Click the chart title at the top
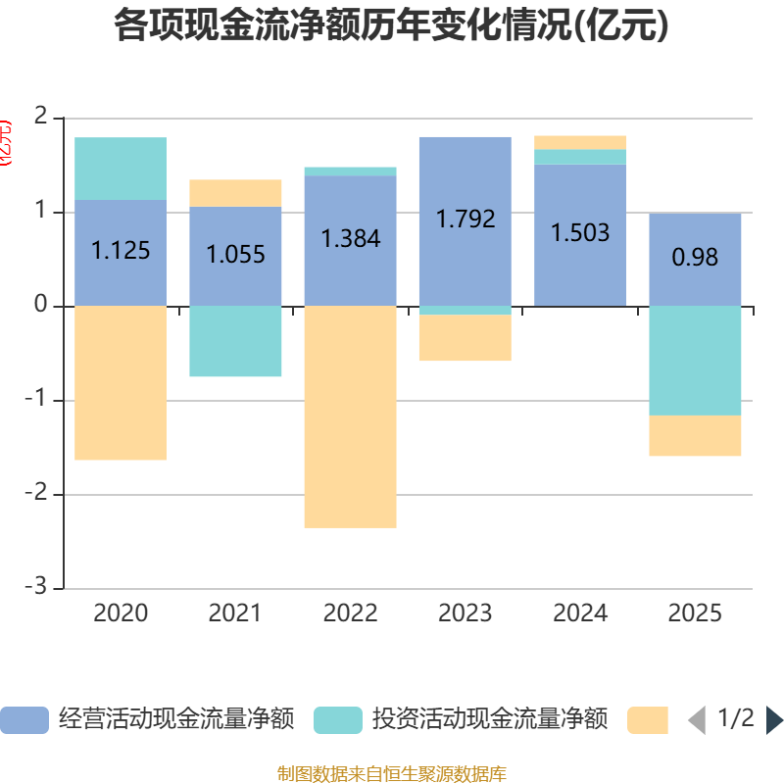[x=391, y=26]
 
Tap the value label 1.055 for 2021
[x=235, y=255]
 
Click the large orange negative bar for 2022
[x=350, y=416]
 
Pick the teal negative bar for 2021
[x=235, y=341]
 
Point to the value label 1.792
[x=465, y=219]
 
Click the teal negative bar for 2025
[x=695, y=360]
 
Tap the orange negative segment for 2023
[x=465, y=338]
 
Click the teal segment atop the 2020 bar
[x=121, y=169]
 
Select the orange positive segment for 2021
[x=235, y=193]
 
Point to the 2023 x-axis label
[x=465, y=613]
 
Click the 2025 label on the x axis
[x=695, y=613]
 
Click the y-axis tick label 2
[x=41, y=117]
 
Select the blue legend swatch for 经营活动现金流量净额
[x=24, y=720]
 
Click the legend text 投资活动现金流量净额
[x=490, y=719]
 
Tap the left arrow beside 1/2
[x=697, y=720]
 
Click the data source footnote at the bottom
[x=391, y=774]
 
